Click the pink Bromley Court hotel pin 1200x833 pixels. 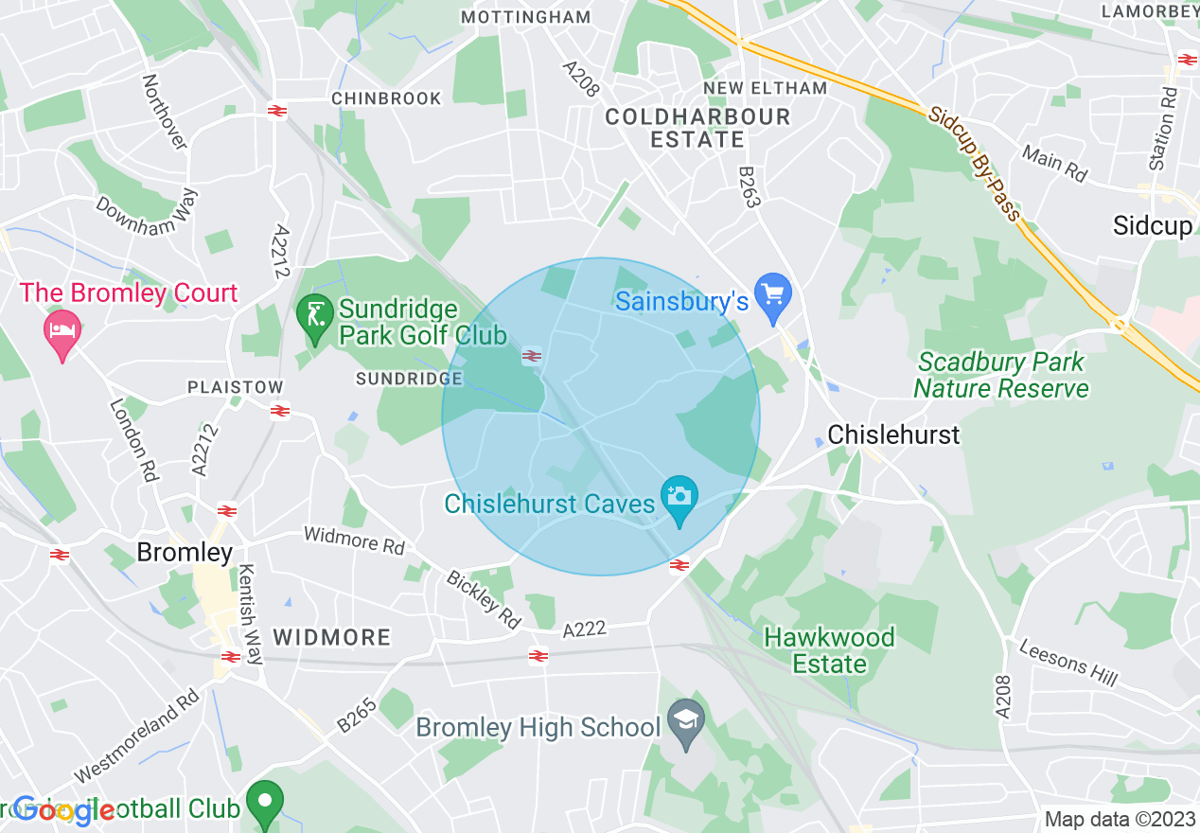(62, 331)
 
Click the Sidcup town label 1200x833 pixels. (1152, 225)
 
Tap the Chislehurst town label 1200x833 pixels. (893, 434)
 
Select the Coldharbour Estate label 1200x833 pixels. (697, 128)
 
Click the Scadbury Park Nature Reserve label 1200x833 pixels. (1001, 375)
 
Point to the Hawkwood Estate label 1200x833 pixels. (829, 650)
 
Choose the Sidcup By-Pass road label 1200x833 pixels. (975, 164)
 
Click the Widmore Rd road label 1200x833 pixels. (354, 541)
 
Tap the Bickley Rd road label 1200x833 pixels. (483, 599)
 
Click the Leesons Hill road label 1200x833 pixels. (1068, 661)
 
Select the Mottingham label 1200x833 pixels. (525, 17)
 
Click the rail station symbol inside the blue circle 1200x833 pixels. (532, 356)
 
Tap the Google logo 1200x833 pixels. (63, 810)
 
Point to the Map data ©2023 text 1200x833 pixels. (1121, 819)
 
